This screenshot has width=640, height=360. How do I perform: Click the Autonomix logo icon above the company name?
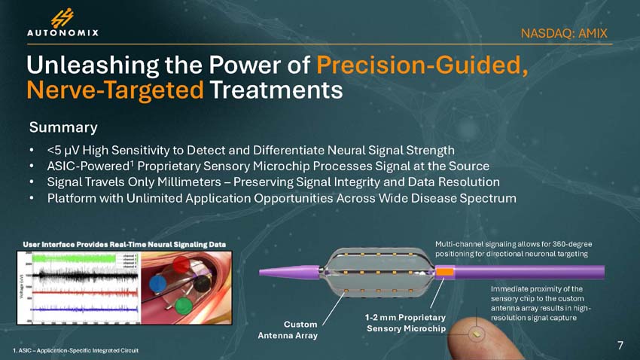click(62, 17)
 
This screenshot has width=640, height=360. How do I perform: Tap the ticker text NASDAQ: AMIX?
click(564, 33)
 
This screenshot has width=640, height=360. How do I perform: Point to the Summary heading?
click(62, 125)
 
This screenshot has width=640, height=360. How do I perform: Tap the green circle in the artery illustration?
click(183, 306)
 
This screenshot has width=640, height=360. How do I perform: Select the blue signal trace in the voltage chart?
click(83, 307)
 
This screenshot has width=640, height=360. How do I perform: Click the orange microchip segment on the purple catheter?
click(446, 271)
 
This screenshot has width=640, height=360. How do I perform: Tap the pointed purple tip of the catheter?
click(264, 272)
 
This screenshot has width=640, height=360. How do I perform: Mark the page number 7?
click(620, 345)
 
